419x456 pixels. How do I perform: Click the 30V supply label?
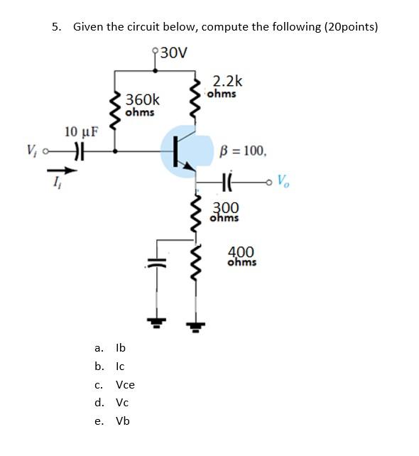174,53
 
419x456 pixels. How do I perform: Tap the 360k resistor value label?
143,99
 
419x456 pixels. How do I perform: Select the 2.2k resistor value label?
227,81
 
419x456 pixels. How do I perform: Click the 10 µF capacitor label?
82,131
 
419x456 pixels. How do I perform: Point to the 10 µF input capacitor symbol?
80,151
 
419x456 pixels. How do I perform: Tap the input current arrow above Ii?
62,170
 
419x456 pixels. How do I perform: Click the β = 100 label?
243,151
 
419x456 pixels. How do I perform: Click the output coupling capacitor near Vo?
227,183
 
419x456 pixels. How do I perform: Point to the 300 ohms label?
225,212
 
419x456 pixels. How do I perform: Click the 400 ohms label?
242,256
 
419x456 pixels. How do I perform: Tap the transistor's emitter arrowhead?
189,167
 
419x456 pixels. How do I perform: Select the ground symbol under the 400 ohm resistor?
195,327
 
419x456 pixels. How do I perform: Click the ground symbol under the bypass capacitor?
157,322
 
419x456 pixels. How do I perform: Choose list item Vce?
125,385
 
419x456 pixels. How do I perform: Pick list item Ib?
121,347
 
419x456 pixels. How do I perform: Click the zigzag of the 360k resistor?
115,112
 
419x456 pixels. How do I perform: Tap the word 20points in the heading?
350,27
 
